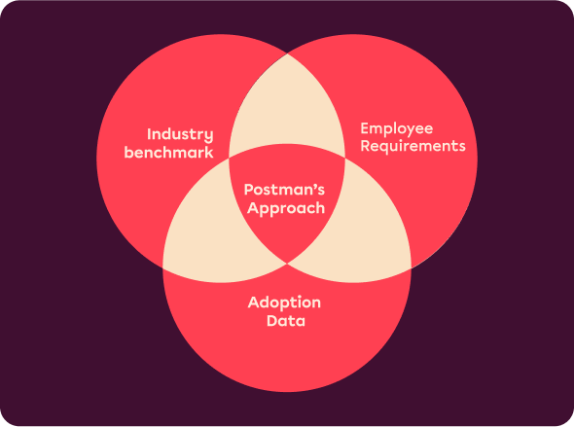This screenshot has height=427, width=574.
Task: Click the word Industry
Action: [x=180, y=135]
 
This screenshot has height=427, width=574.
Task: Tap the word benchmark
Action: [x=168, y=152]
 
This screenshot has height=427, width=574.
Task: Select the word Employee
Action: [x=397, y=129]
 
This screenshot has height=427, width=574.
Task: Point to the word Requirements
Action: [x=413, y=146]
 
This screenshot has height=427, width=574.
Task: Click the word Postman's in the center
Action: [x=284, y=190]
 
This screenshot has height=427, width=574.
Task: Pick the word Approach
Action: [x=286, y=208]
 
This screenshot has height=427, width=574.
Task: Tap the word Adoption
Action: [x=284, y=302]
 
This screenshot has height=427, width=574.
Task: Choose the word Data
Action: [x=286, y=321]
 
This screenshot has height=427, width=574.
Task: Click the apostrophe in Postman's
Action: [x=312, y=186]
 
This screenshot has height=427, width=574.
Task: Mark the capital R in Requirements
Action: [x=365, y=145]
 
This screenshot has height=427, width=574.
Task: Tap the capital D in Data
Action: [x=272, y=321]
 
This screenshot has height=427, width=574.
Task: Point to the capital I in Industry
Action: [x=149, y=134]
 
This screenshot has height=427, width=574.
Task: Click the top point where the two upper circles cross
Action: [x=287, y=54]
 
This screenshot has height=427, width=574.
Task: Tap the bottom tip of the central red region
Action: [x=287, y=263]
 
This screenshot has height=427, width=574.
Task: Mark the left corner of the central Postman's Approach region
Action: [x=230, y=158]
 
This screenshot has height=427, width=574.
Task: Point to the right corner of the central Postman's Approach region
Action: [x=344, y=158]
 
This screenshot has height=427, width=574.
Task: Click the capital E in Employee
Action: [x=365, y=128]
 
